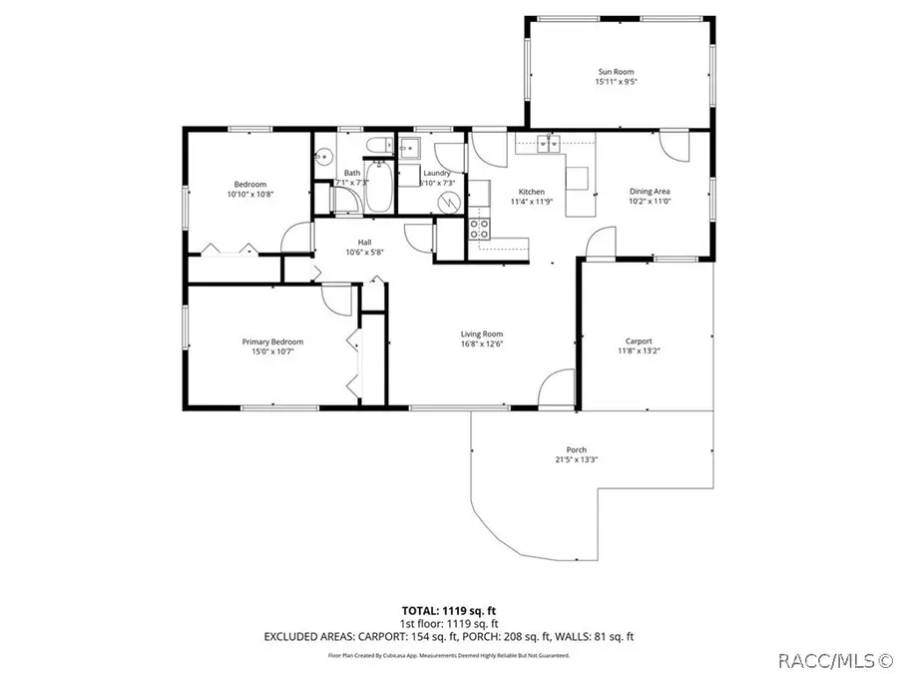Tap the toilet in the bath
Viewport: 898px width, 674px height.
375,150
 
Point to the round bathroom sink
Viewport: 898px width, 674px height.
323,157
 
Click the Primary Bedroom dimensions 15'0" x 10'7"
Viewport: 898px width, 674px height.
267,351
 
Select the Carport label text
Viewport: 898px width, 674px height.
639,340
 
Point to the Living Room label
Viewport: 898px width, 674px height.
481,335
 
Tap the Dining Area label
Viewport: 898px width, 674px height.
649,191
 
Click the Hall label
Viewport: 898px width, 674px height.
364,242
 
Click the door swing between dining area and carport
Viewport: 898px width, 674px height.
602,243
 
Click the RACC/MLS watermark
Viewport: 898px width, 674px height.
833,660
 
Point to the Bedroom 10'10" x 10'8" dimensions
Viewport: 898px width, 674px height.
250,195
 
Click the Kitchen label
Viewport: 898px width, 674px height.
531,191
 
